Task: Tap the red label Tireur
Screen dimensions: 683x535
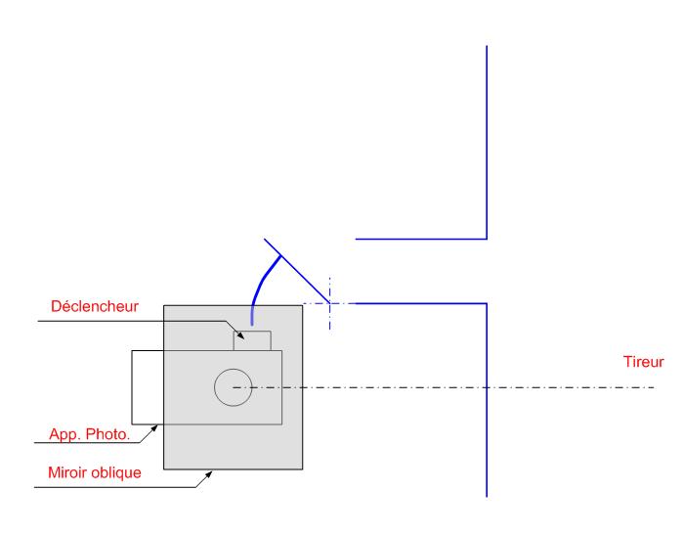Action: (x=644, y=362)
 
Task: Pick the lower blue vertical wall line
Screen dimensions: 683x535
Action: (x=487, y=401)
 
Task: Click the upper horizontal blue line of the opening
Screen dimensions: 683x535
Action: (x=420, y=238)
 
